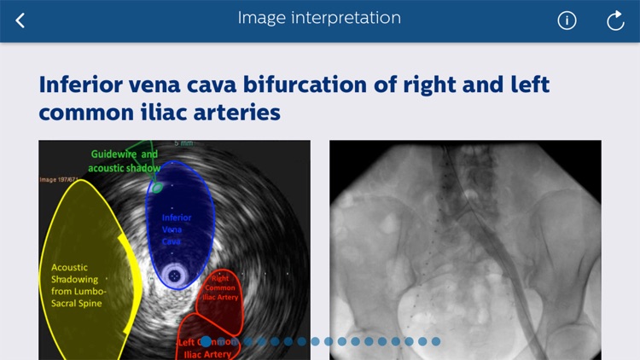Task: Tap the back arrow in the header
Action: click(20, 20)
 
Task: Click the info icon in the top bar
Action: click(567, 20)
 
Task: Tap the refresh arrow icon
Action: click(615, 20)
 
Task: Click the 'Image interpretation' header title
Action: click(319, 18)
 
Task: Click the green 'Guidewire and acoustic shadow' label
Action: click(125, 161)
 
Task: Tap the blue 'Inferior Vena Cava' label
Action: click(177, 229)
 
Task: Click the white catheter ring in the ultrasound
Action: click(176, 276)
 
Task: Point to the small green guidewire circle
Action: click(157, 188)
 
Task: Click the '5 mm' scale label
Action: click(183, 143)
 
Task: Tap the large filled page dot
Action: click(206, 341)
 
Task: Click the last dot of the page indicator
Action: click(436, 341)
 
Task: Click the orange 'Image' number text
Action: click(59, 180)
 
